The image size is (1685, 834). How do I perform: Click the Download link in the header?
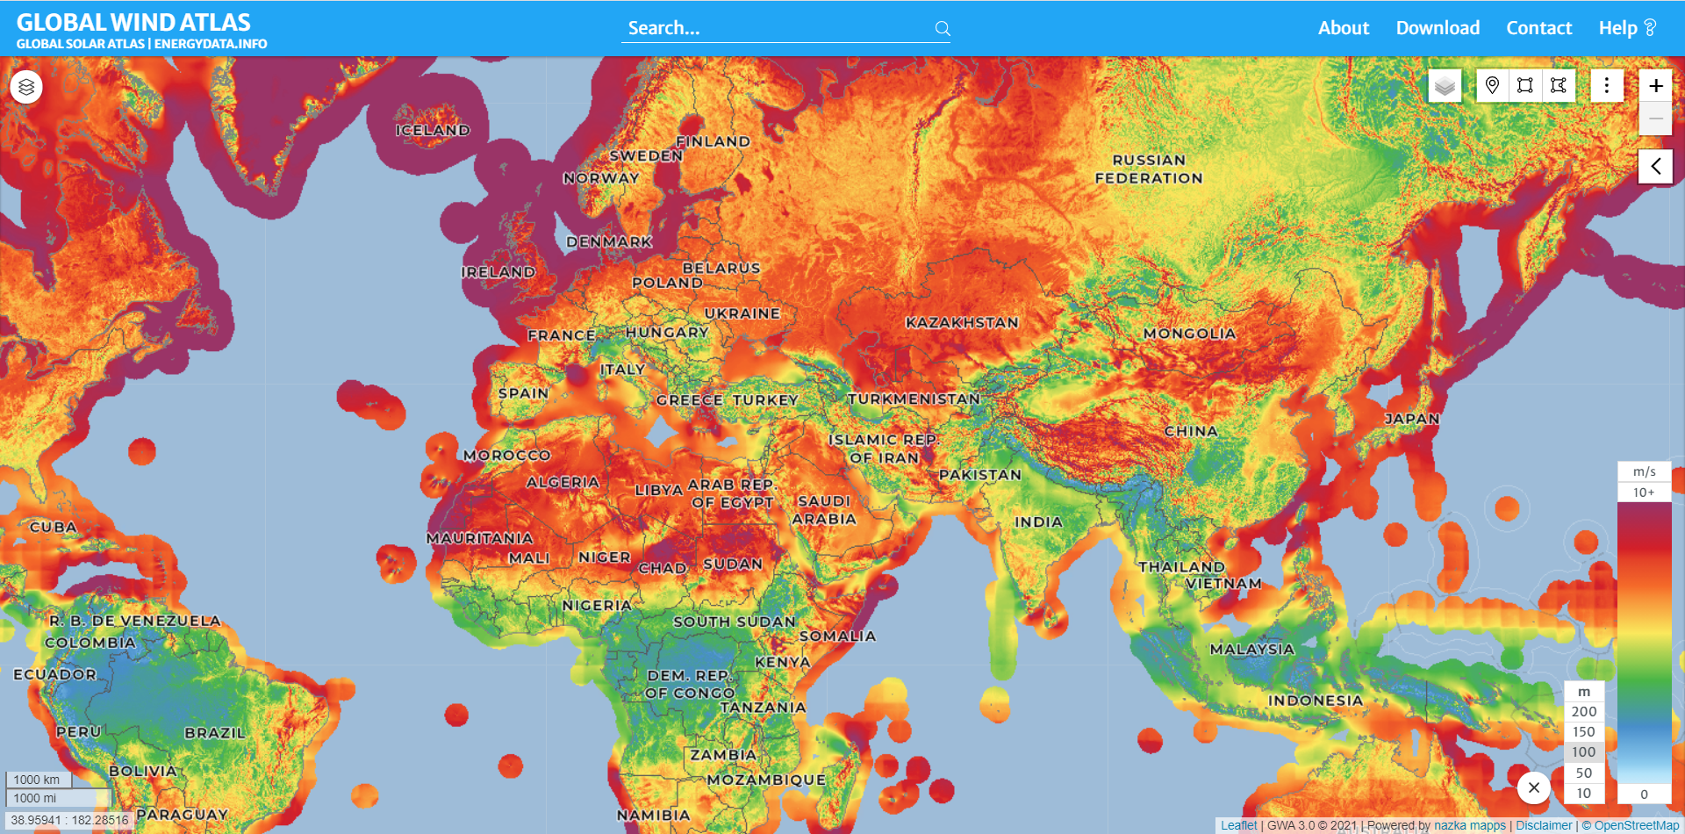1438,28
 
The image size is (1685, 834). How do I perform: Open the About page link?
1343,28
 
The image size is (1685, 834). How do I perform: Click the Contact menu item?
1538,28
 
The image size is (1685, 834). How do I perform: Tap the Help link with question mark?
1626,28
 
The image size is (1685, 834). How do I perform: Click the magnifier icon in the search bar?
943,29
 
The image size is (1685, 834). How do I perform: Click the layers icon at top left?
26,87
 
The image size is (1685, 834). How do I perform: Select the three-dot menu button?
1606,85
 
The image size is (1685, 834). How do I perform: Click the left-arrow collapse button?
1655,166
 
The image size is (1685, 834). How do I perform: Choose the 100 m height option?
1583,752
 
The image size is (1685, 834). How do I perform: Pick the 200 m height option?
1583,712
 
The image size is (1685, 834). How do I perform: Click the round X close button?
1533,787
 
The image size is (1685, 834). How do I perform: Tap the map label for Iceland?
433,130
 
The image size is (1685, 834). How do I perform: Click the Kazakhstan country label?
962,323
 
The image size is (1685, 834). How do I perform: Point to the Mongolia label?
1189,334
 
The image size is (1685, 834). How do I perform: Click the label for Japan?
1411,419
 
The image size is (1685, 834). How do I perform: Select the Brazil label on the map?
215,733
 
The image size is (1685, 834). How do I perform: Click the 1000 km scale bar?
38,780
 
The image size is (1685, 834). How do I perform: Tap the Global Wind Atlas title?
133,22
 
